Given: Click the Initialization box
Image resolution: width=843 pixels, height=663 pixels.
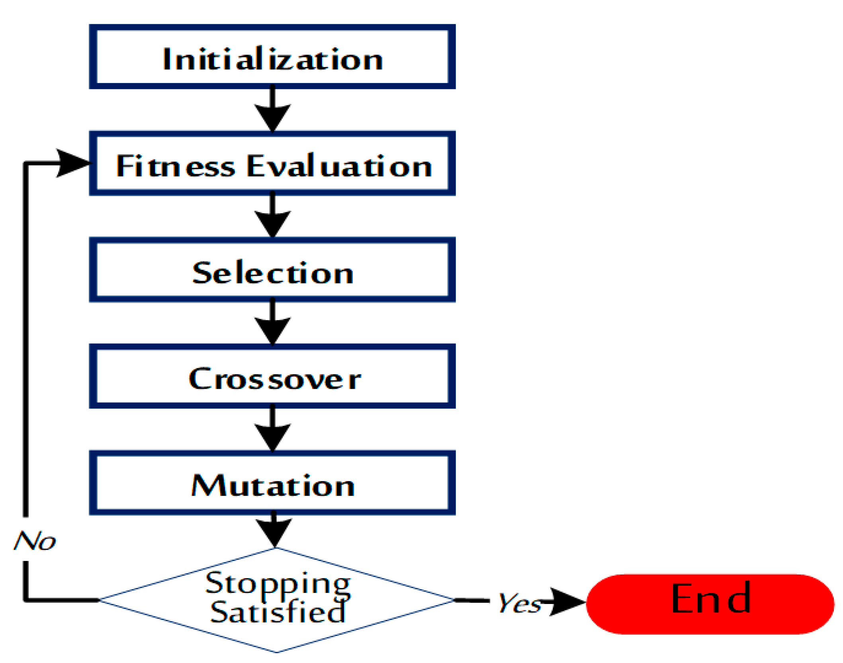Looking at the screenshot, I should pyautogui.click(x=272, y=57).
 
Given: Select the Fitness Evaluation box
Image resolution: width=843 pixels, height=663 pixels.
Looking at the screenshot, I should pyautogui.click(x=272, y=163).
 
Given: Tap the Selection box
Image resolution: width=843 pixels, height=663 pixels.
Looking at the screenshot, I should pyautogui.click(x=272, y=270).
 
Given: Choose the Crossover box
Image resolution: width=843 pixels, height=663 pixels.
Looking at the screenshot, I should pyautogui.click(x=272, y=376).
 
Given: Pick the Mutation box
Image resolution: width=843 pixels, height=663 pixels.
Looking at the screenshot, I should pyautogui.click(x=272, y=483).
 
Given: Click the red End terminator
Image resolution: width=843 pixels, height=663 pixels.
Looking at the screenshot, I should pyautogui.click(x=710, y=604).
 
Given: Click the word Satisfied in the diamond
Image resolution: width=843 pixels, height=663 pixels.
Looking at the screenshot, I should pyautogui.click(x=278, y=612).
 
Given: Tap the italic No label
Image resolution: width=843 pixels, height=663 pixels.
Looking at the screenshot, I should pyautogui.click(x=35, y=541).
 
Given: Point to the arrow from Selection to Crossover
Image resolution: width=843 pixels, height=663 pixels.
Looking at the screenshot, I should pyautogui.click(x=272, y=323).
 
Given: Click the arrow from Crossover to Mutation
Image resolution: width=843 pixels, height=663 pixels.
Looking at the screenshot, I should pyautogui.click(x=272, y=430).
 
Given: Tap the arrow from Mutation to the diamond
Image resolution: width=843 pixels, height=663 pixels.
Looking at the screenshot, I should pyautogui.click(x=274, y=530).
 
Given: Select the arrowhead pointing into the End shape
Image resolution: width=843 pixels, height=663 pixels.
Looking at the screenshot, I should pyautogui.click(x=567, y=601).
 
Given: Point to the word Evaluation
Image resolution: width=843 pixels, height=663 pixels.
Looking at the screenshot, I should pyautogui.click(x=339, y=166).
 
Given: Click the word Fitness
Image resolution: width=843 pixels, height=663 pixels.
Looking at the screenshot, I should pyautogui.click(x=176, y=166).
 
